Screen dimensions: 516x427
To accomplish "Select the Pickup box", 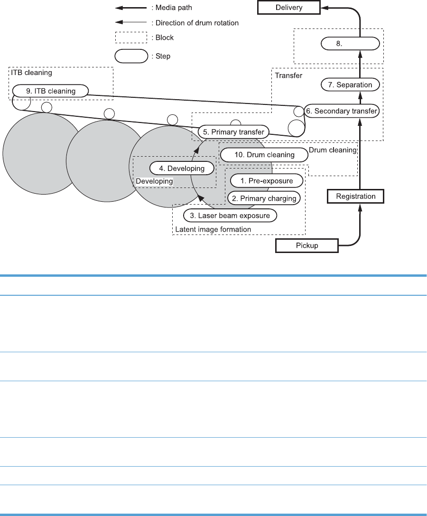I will (x=307, y=246).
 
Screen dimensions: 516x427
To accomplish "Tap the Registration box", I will (x=355, y=196).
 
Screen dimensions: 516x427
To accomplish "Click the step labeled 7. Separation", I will (x=351, y=85).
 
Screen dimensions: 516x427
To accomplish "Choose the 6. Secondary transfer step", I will (x=341, y=111).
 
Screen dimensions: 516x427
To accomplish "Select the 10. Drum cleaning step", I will (x=265, y=155).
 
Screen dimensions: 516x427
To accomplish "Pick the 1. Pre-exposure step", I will (x=268, y=181).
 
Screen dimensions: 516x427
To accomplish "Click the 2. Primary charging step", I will (x=264, y=198).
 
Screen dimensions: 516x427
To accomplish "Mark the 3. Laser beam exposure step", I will (x=230, y=216).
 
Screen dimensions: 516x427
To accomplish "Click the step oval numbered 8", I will (x=351, y=44).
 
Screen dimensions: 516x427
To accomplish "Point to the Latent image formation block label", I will (x=213, y=230).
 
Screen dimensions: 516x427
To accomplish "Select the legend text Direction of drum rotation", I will (x=195, y=22).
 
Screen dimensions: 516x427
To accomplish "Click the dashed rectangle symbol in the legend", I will (x=130, y=37).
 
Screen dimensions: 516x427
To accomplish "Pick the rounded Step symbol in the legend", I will (x=130, y=56).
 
